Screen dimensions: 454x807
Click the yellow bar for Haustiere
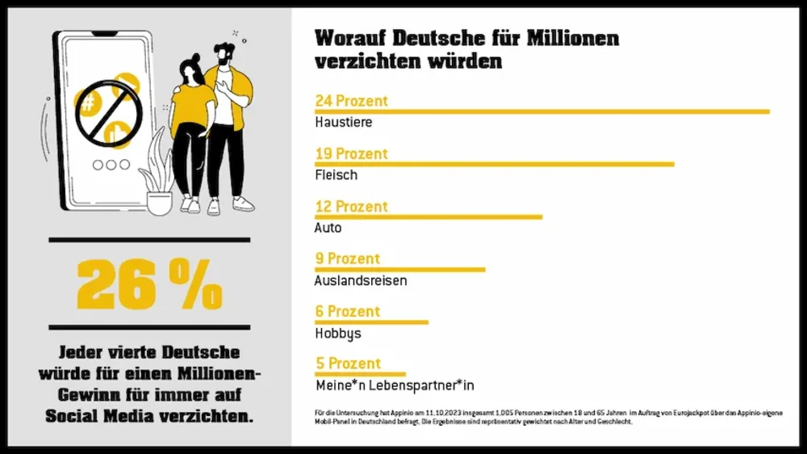pos(541,111)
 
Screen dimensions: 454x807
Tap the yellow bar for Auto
pos(428,216)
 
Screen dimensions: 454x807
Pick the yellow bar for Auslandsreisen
pos(399,269)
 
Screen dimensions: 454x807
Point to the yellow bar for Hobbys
pos(371,322)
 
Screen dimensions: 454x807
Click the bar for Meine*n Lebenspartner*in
pos(360,374)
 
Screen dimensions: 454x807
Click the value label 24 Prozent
pos(351,101)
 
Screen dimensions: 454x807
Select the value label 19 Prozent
pos(351,153)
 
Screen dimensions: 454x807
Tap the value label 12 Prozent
pos(351,206)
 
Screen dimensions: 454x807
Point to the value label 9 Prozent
pos(347,259)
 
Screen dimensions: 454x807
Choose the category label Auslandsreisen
pos(360,281)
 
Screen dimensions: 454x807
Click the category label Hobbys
pos(337,333)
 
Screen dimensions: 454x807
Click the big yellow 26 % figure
pos(149,284)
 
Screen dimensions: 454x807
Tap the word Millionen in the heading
pos(573,38)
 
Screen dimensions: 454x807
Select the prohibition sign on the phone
pos(107,113)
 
